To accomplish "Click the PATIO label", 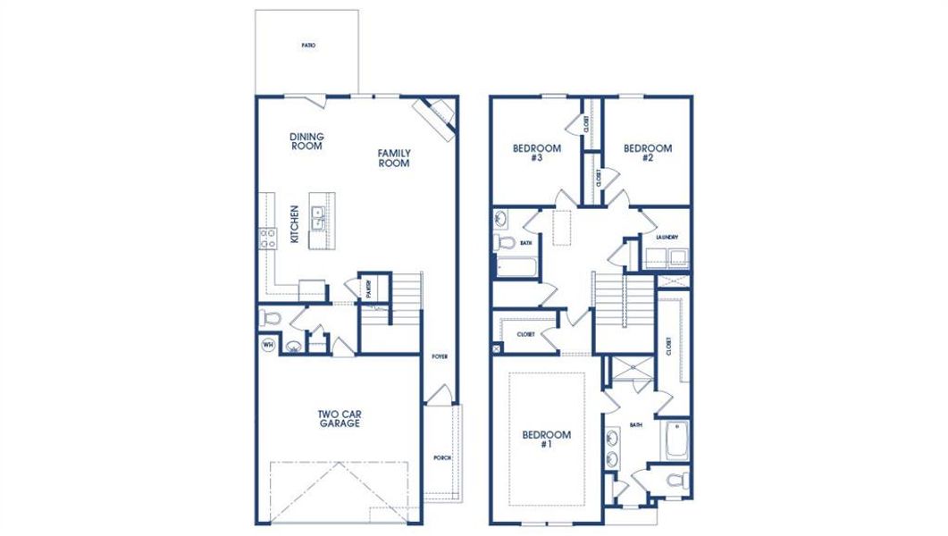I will tap(307, 45).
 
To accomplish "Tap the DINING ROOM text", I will tap(306, 142).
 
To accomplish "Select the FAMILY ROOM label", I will tap(393, 158).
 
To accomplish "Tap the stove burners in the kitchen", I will tap(267, 237).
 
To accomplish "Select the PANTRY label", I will tap(368, 289).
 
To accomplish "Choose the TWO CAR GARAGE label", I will tap(339, 419).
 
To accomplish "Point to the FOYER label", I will tap(439, 356).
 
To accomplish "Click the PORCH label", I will tap(442, 457).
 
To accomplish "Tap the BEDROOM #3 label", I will tap(537, 153).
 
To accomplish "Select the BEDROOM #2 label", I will tap(648, 153).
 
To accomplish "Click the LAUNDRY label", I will tap(667, 238).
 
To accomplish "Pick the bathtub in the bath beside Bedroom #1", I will tap(675, 439).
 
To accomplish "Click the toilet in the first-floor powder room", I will tap(270, 317).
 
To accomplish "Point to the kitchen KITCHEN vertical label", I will tap(294, 224).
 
